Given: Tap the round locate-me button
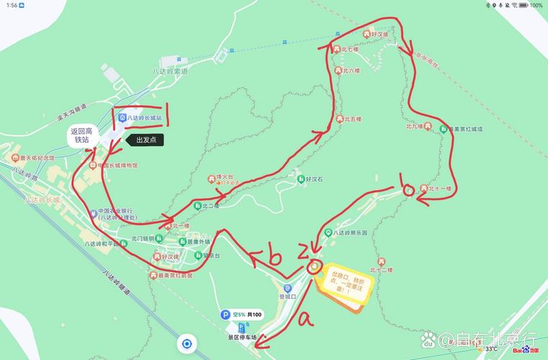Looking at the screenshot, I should click(187, 343).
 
